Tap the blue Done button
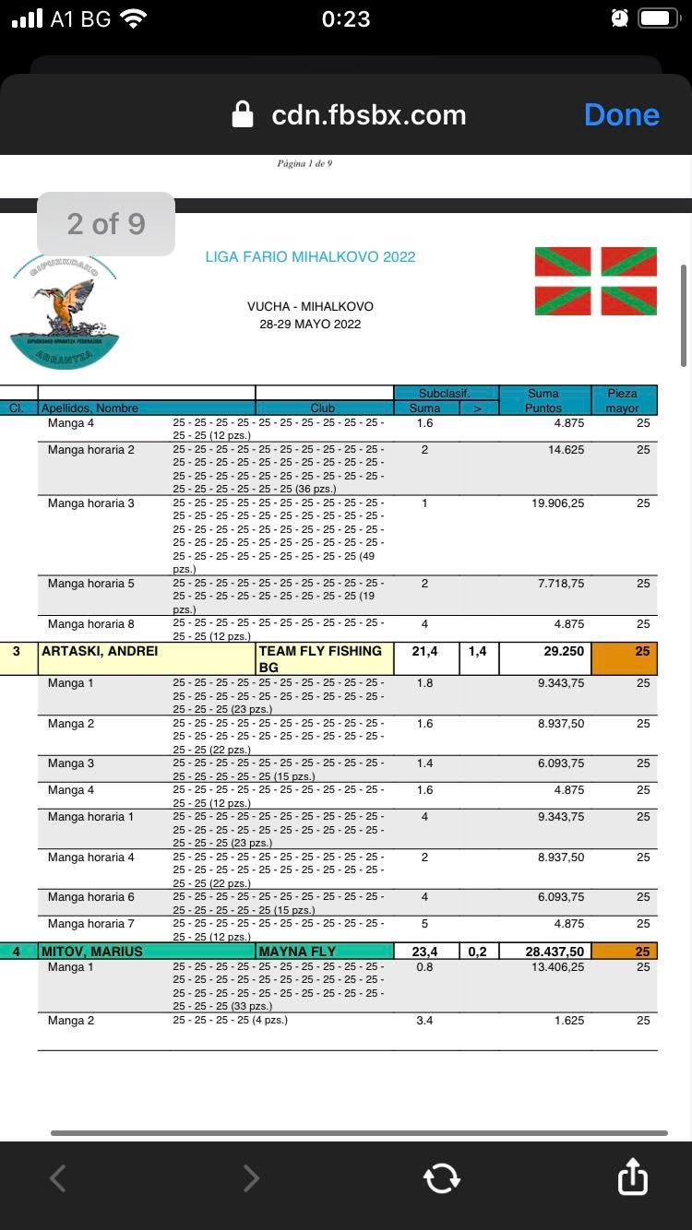[x=621, y=115]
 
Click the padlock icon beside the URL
[x=243, y=115]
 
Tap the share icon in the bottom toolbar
[x=632, y=1177]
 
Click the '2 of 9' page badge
[x=106, y=223]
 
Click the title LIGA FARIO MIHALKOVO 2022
[x=310, y=256]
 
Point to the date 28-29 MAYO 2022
[x=310, y=324]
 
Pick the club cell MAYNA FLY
[x=297, y=951]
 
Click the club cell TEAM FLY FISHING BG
[x=320, y=658]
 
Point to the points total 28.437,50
[x=554, y=951]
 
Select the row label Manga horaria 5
[x=91, y=584]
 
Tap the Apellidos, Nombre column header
[x=89, y=408]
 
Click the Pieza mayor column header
[x=623, y=400]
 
